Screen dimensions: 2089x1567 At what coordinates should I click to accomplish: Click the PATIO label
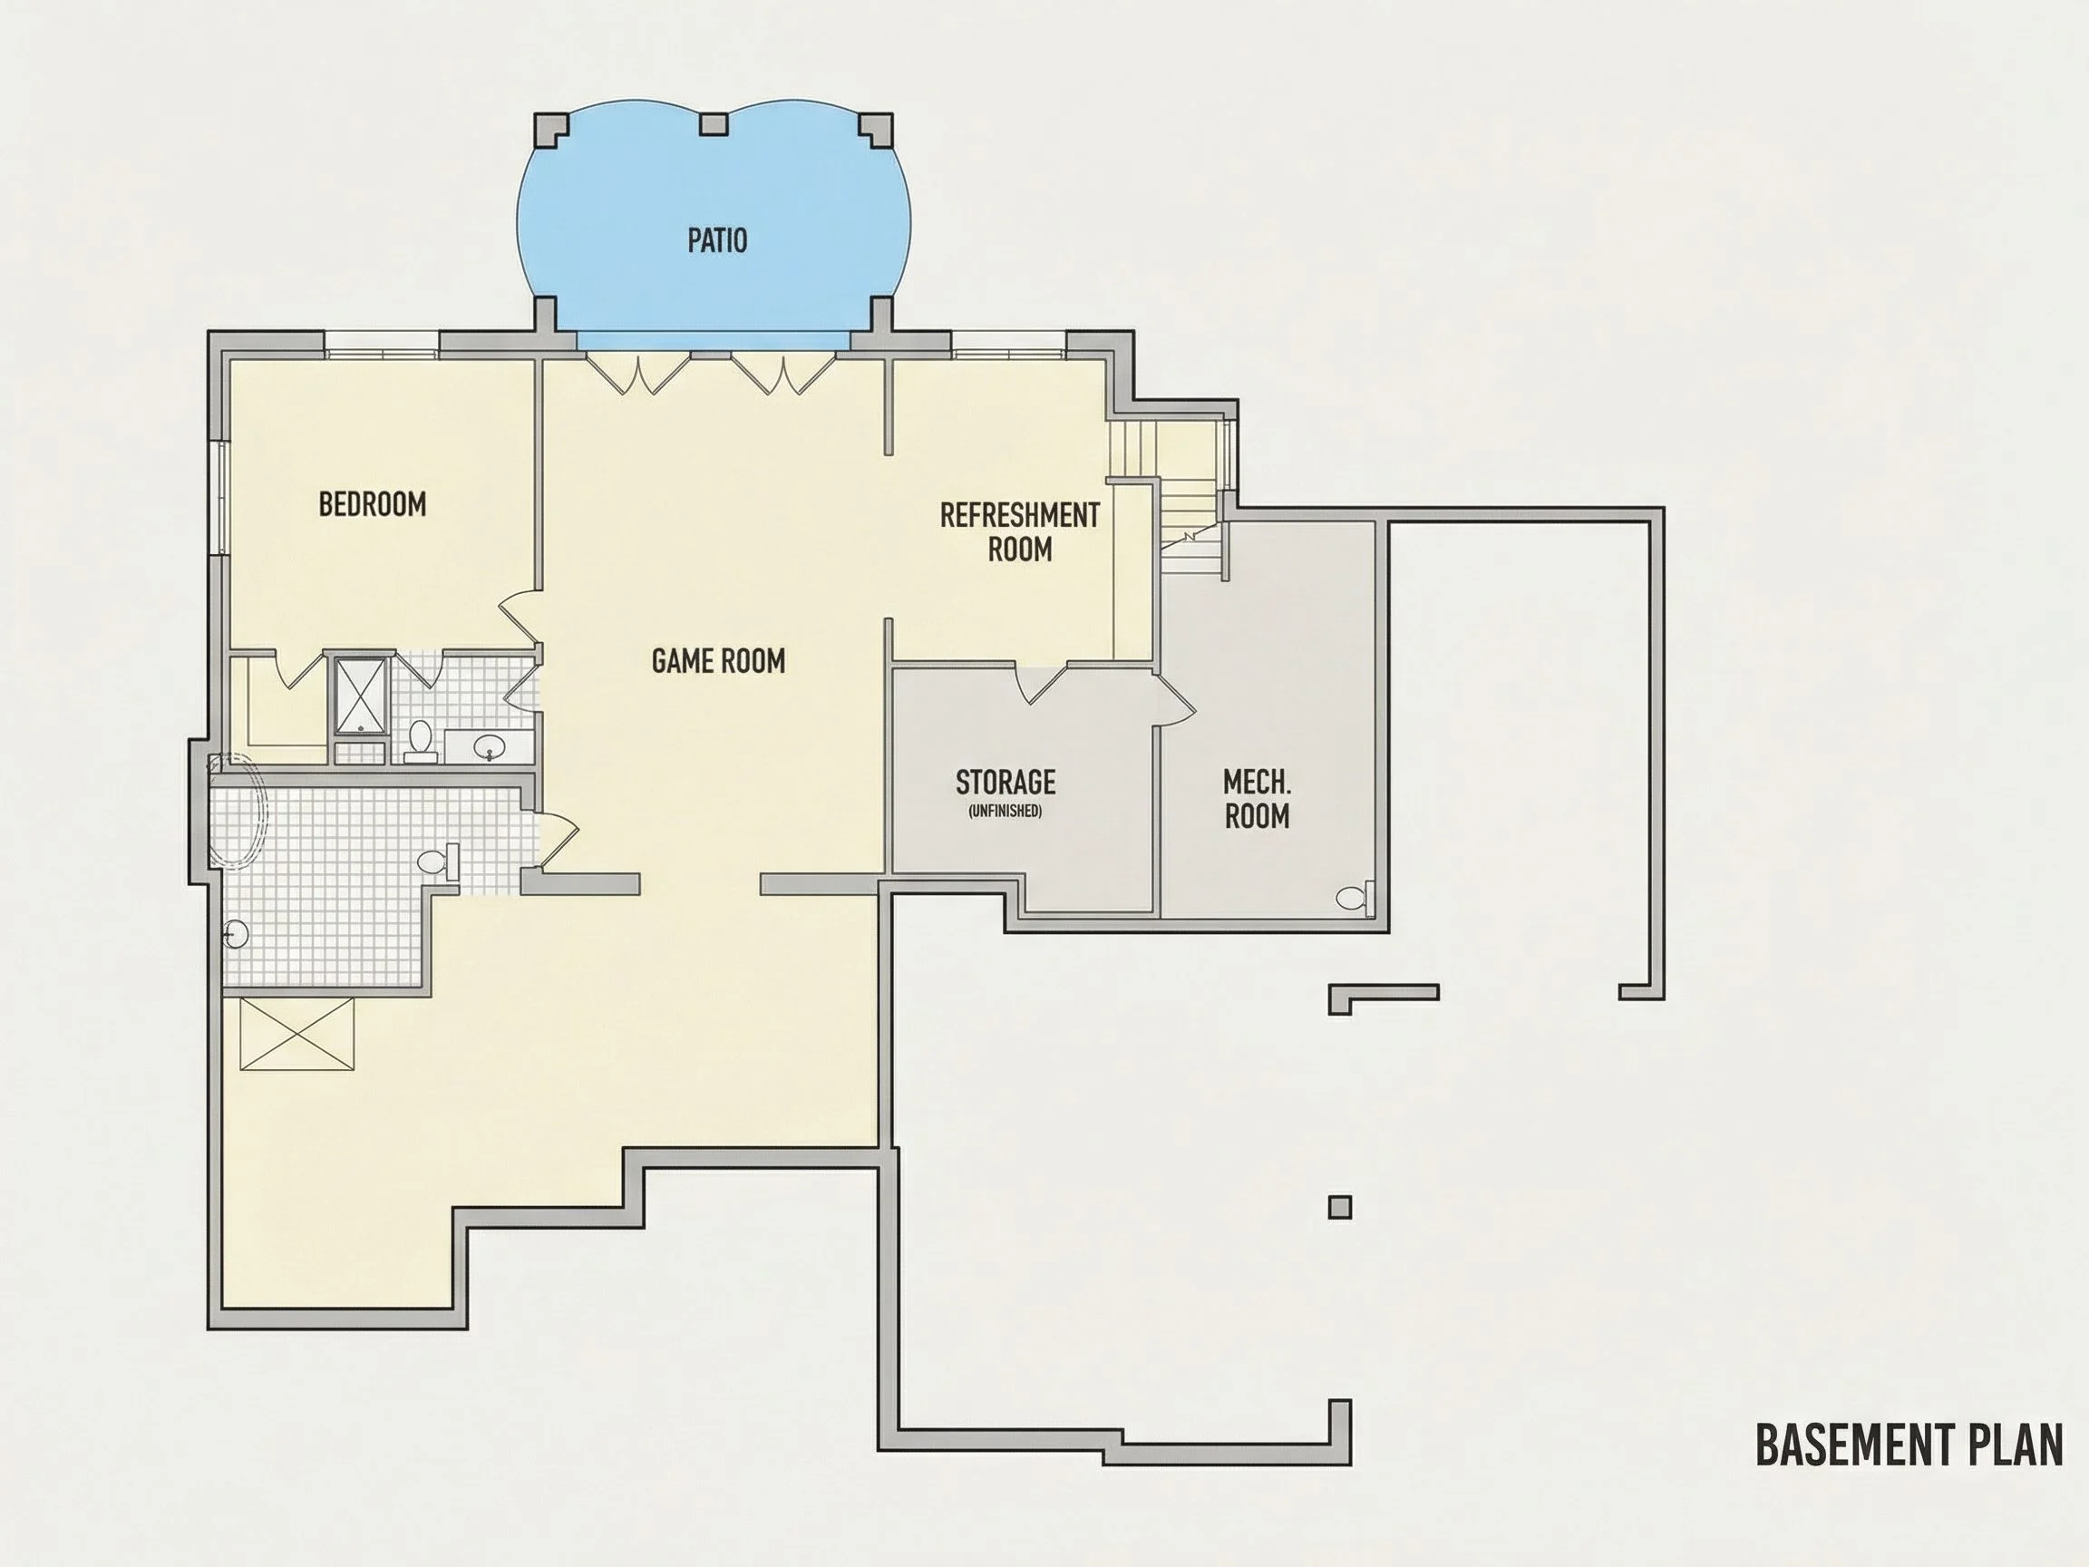click(x=717, y=240)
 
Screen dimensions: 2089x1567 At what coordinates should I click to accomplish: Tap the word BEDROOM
click(x=372, y=503)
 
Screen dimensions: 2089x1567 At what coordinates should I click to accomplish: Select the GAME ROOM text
click(x=718, y=660)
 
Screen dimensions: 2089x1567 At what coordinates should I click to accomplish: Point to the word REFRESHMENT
click(x=1020, y=515)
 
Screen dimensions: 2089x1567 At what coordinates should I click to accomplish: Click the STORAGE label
click(x=1005, y=781)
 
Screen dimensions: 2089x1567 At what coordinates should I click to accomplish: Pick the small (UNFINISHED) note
click(x=1005, y=811)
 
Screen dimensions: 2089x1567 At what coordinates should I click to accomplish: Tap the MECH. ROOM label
click(x=1257, y=798)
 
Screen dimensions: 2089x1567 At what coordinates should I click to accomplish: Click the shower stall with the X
click(x=360, y=696)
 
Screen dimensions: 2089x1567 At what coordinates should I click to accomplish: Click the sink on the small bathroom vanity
click(x=489, y=747)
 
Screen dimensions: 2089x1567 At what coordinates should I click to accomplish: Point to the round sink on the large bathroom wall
click(x=236, y=934)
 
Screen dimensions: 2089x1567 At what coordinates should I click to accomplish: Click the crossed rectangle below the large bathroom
click(x=296, y=1035)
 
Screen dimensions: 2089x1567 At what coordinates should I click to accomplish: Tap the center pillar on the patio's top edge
click(x=713, y=123)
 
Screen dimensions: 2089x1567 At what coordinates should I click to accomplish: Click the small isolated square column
click(x=1339, y=1206)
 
